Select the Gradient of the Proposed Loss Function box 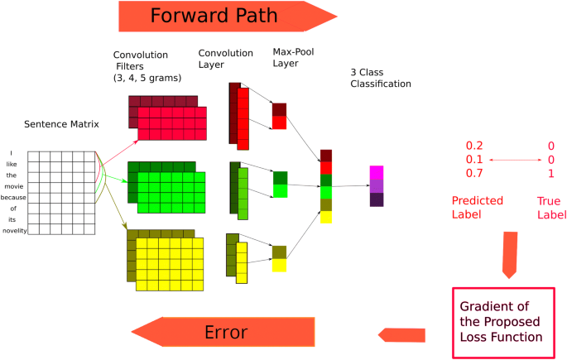tap(502, 322)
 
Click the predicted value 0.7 tap(474, 175)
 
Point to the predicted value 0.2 tap(474, 146)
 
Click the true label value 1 tap(550, 175)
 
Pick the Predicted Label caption tap(473, 207)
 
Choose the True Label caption tap(548, 207)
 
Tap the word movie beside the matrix tap(12, 186)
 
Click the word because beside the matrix tap(12, 197)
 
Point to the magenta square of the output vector tap(377, 172)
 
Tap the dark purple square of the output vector tap(377, 199)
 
